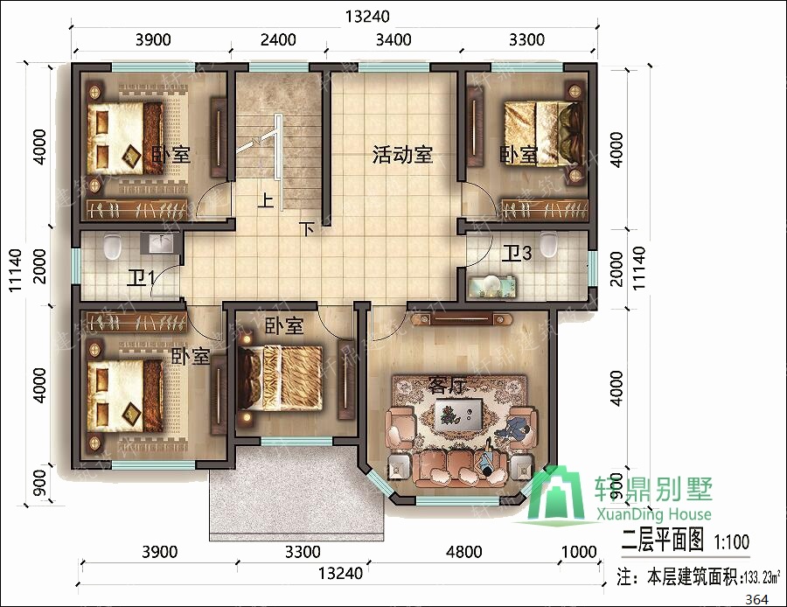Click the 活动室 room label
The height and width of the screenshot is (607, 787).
[402, 156]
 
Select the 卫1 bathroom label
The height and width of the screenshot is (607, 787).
[141, 278]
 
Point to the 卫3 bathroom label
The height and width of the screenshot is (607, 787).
[517, 254]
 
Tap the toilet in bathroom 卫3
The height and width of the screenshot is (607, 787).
[548, 244]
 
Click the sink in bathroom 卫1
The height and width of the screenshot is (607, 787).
[160, 244]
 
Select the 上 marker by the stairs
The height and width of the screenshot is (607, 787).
[265, 200]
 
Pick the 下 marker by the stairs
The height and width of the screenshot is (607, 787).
[306, 229]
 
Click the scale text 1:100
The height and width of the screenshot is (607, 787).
[731, 541]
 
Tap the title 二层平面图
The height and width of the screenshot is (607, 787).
[662, 541]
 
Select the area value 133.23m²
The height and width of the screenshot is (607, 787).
[762, 577]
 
